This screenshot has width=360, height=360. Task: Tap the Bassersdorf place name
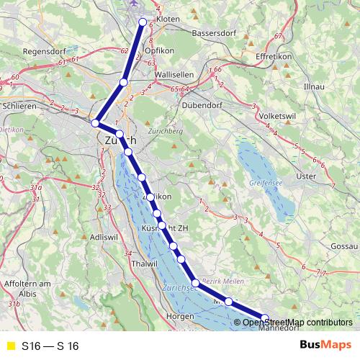coord(215,34)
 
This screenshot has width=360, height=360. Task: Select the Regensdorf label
coord(45,52)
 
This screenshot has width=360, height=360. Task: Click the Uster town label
coord(307,176)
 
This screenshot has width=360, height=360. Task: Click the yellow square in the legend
coord(9,346)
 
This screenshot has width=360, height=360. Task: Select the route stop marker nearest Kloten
coord(143,21)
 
